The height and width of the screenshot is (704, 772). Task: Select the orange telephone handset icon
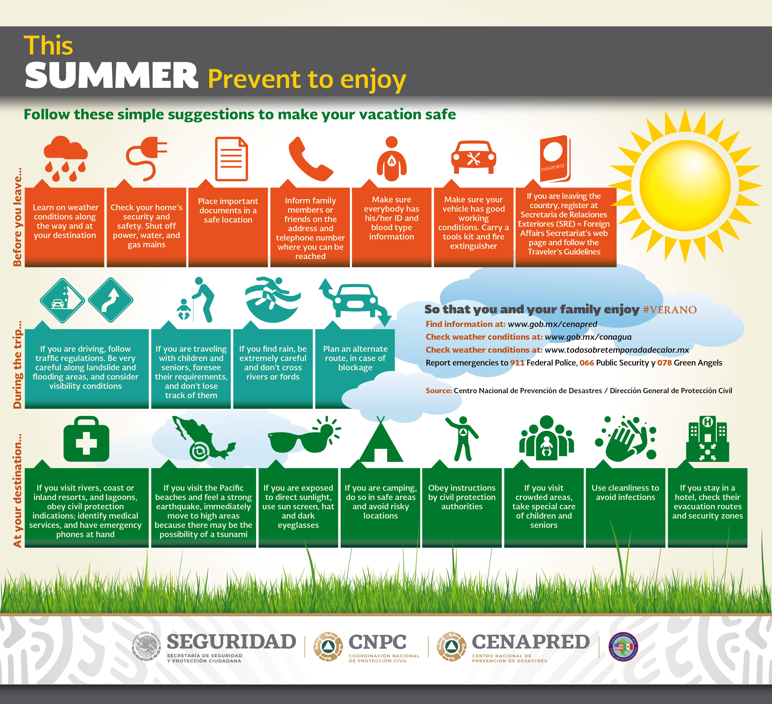[x=310, y=158]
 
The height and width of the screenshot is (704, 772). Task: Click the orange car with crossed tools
[x=473, y=157]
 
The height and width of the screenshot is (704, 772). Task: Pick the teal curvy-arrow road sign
[x=111, y=300]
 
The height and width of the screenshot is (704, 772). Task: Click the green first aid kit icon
[x=86, y=439]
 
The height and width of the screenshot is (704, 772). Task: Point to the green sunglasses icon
[x=304, y=437]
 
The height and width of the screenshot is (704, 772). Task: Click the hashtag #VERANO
[x=670, y=310]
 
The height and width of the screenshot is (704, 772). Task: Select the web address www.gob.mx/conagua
[x=588, y=337]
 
